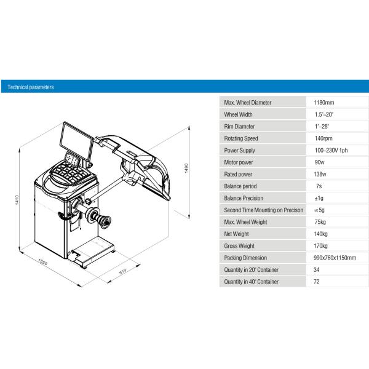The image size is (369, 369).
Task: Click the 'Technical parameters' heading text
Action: click(31, 87)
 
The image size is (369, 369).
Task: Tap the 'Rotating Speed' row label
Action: click(241, 138)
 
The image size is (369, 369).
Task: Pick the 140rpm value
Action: click(323, 138)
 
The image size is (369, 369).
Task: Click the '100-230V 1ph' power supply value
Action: click(331, 151)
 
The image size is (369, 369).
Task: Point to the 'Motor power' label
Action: click(239, 162)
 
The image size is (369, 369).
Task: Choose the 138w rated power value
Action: click(320, 174)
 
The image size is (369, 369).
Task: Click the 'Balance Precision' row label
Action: click(244, 198)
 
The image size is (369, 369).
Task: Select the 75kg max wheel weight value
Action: click(320, 222)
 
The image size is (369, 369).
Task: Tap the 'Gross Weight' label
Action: click(239, 246)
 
